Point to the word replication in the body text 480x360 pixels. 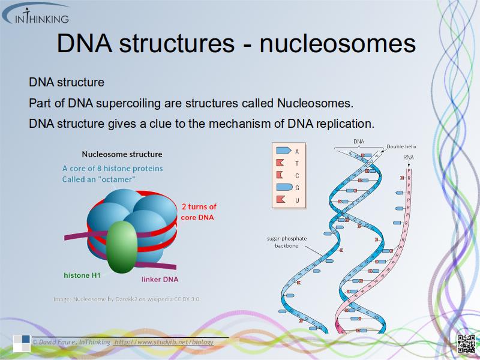click(x=344, y=124)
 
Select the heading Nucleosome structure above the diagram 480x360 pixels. click(x=122, y=154)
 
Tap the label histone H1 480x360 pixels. click(x=82, y=275)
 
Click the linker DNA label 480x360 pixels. click(x=160, y=279)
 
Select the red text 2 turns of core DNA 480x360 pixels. click(x=199, y=212)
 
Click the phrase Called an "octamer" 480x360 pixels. click(x=98, y=179)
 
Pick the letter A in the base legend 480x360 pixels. click(x=297, y=151)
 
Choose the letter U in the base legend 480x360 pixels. click(x=297, y=200)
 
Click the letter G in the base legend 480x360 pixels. click(x=297, y=188)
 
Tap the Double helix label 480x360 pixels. click(x=401, y=146)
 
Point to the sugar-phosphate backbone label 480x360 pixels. click(x=286, y=242)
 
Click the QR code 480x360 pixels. click(x=466, y=344)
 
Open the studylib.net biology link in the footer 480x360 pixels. click(x=163, y=342)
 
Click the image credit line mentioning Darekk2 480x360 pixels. click(x=126, y=298)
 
